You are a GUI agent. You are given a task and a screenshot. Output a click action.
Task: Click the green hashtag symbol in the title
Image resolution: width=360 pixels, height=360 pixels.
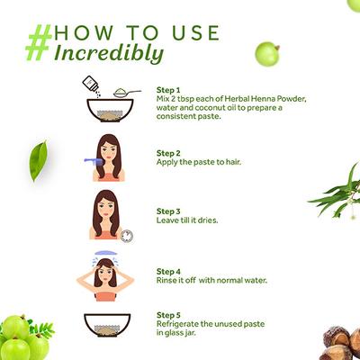click(x=39, y=42)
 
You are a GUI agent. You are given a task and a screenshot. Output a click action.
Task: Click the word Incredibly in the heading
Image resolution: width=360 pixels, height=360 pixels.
click(x=109, y=54)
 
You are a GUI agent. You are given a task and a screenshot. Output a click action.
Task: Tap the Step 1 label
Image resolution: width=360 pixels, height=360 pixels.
click(x=168, y=90)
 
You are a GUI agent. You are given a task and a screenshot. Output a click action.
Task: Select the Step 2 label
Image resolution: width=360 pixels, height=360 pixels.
click(x=168, y=153)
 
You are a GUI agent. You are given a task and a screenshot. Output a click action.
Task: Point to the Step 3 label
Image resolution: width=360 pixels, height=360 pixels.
click(x=168, y=211)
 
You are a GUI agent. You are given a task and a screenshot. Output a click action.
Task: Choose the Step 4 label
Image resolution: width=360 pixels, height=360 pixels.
click(x=168, y=272)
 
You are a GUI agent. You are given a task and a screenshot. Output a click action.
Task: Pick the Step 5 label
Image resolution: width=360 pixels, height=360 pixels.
click(x=168, y=315)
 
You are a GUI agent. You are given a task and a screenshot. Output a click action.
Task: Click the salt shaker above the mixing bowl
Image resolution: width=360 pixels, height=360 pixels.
click(x=91, y=85)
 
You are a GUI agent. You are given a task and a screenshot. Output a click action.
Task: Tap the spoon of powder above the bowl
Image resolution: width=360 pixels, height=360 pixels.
click(x=127, y=93)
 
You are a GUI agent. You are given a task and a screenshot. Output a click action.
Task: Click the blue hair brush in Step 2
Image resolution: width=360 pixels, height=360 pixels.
click(x=93, y=160)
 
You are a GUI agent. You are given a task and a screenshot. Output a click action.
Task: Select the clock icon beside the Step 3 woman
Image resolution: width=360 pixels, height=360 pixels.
click(x=127, y=236)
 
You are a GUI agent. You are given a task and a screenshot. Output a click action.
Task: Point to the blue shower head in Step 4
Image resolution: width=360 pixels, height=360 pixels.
click(x=104, y=253)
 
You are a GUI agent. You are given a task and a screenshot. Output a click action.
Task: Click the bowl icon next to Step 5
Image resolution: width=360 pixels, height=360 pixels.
click(x=107, y=325)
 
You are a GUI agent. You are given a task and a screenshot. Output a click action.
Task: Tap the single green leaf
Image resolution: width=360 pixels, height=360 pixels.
click(x=39, y=161)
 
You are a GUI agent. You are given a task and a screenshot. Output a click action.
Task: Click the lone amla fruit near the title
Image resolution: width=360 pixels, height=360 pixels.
click(x=267, y=54)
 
